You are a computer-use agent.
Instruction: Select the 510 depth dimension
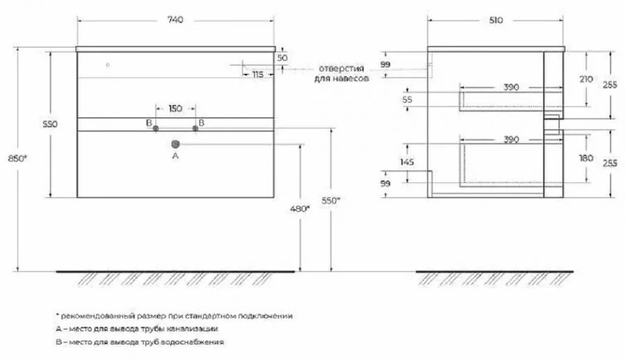click(496, 20)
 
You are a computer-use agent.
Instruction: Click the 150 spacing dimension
click(175, 108)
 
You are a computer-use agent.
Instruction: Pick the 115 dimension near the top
click(258, 74)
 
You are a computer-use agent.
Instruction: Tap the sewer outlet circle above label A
click(175, 144)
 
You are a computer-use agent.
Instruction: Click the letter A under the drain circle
click(175, 157)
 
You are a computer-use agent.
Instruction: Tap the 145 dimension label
click(408, 161)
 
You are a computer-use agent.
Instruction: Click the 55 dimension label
click(408, 99)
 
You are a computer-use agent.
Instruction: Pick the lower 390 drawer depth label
click(510, 140)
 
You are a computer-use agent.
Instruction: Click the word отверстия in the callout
click(342, 68)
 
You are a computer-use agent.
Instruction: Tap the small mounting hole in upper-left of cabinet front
click(108, 65)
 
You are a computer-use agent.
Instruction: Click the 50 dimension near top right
click(281, 57)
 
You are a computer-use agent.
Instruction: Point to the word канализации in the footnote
click(199, 328)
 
